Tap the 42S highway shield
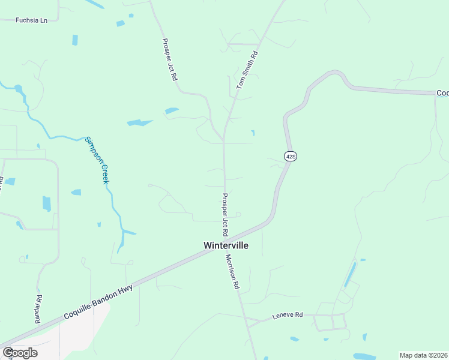(291, 156)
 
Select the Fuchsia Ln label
(31, 20)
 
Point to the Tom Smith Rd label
(247, 70)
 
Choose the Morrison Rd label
(232, 272)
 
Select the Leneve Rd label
(288, 314)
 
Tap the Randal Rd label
(40, 305)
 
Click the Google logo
(20, 352)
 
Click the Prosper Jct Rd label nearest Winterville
(225, 214)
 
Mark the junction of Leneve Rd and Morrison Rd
(248, 323)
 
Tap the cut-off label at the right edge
(442, 92)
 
